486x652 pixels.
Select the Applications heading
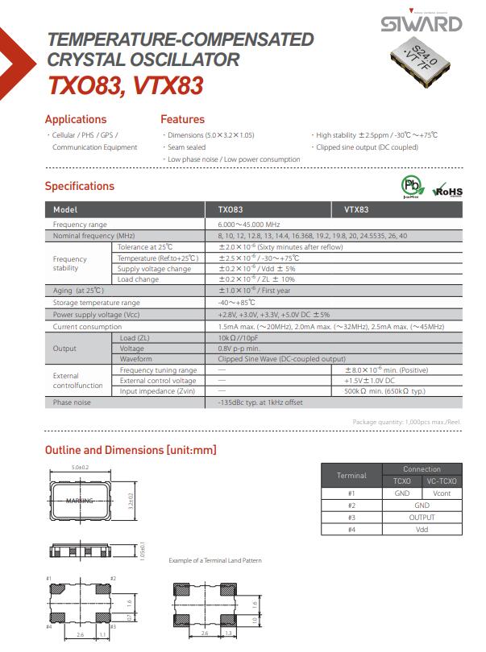(76, 120)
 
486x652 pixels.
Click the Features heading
(182, 120)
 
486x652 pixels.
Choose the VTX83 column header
(357, 209)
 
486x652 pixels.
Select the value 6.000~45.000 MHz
(249, 224)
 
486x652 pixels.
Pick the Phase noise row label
(72, 402)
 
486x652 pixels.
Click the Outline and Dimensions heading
(131, 450)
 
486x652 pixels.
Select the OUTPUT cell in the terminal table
(422, 518)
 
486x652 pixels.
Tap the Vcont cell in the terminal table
(442, 493)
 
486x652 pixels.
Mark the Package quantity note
(407, 422)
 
